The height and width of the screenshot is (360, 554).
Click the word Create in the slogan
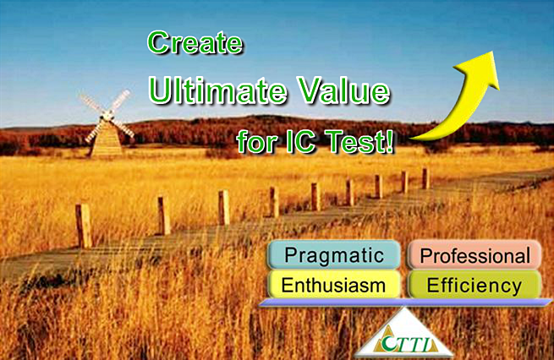[x=195, y=42]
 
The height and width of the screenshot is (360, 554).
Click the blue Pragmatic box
[x=334, y=255]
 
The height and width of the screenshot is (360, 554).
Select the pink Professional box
[x=474, y=255]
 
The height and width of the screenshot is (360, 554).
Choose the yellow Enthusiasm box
[x=334, y=285]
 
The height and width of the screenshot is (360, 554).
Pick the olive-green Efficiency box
[x=474, y=285]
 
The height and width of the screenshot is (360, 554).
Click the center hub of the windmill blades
[x=107, y=114]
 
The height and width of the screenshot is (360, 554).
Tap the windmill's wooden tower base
[x=107, y=139]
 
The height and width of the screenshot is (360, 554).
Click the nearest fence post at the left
[x=84, y=226]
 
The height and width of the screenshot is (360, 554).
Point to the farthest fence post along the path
[x=425, y=178]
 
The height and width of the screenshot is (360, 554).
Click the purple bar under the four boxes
[x=405, y=303]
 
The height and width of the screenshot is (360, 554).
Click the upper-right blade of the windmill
[x=120, y=101]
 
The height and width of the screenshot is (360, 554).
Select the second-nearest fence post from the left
[x=163, y=215]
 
